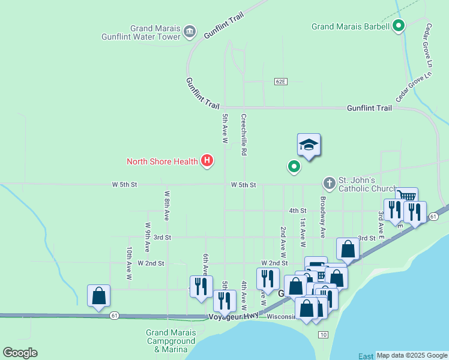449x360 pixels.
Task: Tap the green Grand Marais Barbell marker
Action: (x=399, y=26)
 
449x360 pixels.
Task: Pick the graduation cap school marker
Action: (x=309, y=145)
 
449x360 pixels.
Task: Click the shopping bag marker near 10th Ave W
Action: (x=98, y=296)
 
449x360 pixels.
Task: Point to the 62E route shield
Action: (x=282, y=81)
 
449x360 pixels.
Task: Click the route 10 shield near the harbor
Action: (x=324, y=334)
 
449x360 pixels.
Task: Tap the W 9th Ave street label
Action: (x=148, y=237)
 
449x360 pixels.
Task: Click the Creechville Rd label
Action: (x=244, y=135)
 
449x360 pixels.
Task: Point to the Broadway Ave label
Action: (x=322, y=217)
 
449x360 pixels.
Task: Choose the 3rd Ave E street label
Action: (x=381, y=221)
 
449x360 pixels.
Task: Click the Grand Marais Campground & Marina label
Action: (x=171, y=341)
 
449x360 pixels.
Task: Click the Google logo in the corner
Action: (x=20, y=353)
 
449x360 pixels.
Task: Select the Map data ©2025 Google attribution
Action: (x=412, y=355)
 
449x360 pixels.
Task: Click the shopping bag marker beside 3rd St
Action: (x=348, y=248)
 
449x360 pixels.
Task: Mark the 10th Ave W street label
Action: (x=129, y=264)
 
